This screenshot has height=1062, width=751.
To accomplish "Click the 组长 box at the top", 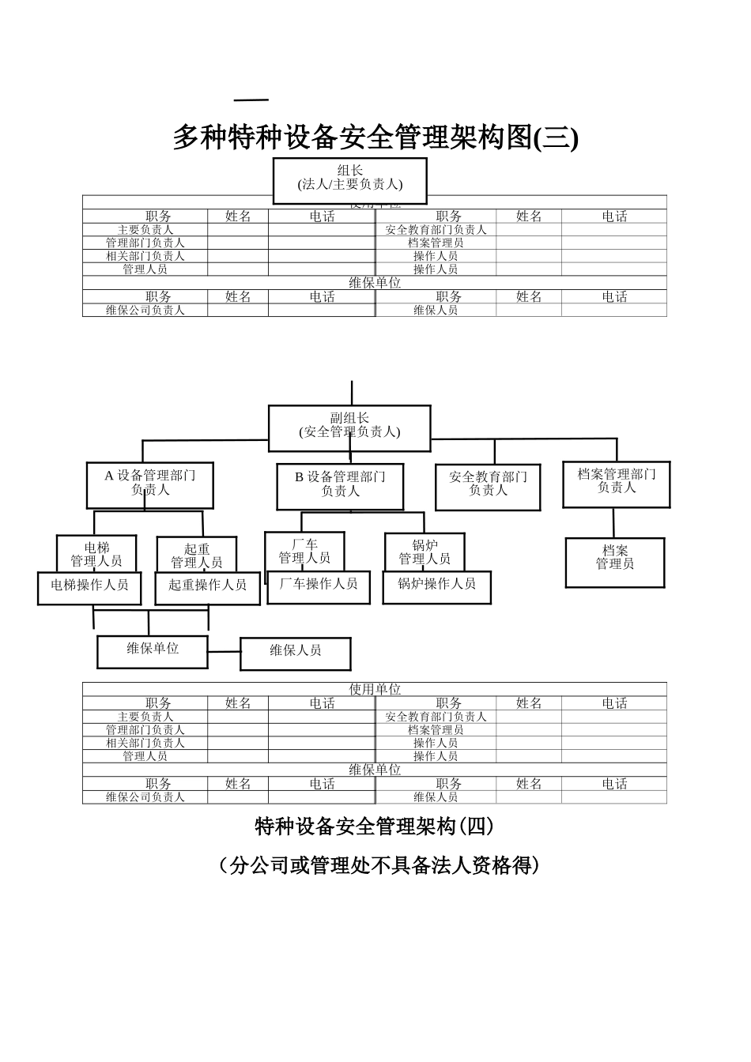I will pyautogui.click(x=350, y=180).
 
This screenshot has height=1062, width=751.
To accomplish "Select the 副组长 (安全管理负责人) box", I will pyautogui.click(x=349, y=427).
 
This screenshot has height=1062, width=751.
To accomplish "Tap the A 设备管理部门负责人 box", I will pyautogui.click(x=150, y=484).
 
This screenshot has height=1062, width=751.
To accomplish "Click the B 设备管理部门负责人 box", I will pyautogui.click(x=340, y=486).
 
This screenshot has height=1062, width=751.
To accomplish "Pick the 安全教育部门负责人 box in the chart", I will pyautogui.click(x=488, y=486).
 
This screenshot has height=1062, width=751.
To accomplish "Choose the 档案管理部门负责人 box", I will pyautogui.click(x=617, y=484).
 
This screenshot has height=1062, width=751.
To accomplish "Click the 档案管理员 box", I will pyautogui.click(x=615, y=562).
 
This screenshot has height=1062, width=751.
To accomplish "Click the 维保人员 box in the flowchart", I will pyautogui.click(x=295, y=653).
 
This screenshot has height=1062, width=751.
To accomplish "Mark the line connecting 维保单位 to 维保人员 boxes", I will pyautogui.click(x=225, y=652).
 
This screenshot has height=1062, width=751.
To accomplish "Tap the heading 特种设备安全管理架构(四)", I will pyautogui.click(x=375, y=827).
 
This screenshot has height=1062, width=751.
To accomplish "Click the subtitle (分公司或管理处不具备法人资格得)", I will pyautogui.click(x=375, y=866).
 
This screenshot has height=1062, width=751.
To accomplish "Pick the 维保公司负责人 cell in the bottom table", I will pyautogui.click(x=145, y=797).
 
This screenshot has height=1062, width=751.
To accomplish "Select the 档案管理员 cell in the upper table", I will pyautogui.click(x=436, y=243).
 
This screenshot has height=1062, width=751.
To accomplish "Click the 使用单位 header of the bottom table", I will pyautogui.click(x=375, y=689).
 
